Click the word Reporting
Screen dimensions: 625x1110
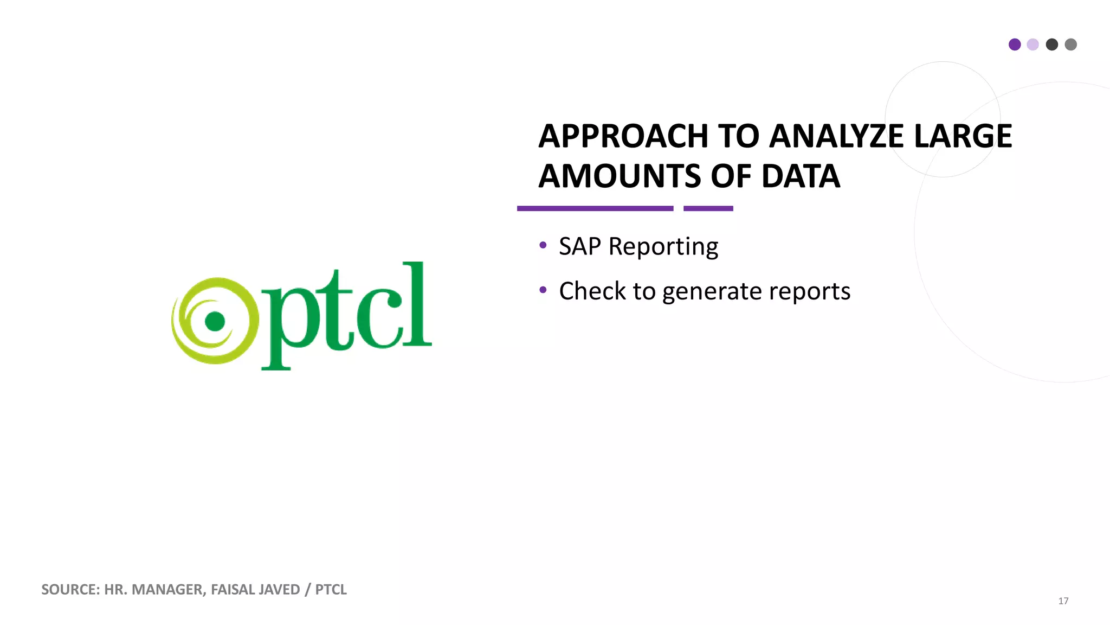(x=663, y=247)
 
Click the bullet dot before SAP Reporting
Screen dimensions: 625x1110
(x=543, y=245)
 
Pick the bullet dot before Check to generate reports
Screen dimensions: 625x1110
(x=543, y=290)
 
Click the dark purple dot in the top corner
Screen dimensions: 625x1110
(x=1015, y=44)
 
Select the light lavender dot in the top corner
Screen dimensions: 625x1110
(x=1033, y=44)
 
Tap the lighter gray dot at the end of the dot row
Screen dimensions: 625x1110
(x=1070, y=44)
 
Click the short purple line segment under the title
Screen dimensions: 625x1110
(x=708, y=208)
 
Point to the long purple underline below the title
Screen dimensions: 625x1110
(x=595, y=208)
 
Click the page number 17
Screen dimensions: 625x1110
(x=1063, y=601)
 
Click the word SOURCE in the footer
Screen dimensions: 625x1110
(x=70, y=589)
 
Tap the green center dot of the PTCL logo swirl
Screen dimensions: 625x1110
(x=215, y=321)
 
